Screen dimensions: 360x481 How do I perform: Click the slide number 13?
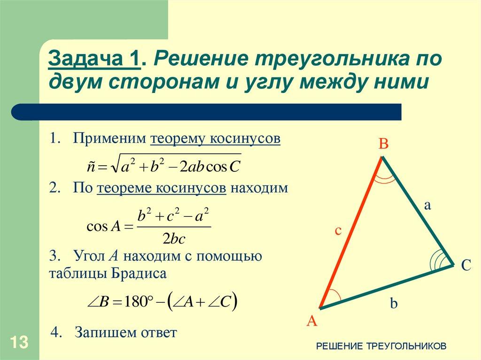(x=19, y=342)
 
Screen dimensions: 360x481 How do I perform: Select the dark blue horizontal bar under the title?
(x=207, y=112)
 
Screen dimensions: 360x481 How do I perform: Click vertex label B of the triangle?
(x=383, y=144)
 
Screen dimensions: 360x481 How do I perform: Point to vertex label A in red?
(x=312, y=321)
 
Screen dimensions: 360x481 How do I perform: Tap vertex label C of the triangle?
(x=465, y=266)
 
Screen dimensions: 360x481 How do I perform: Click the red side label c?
(x=337, y=230)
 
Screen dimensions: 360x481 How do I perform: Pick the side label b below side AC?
(x=394, y=304)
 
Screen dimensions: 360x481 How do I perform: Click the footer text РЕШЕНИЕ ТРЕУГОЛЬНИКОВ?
(x=381, y=346)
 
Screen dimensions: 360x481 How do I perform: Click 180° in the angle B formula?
(x=136, y=302)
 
